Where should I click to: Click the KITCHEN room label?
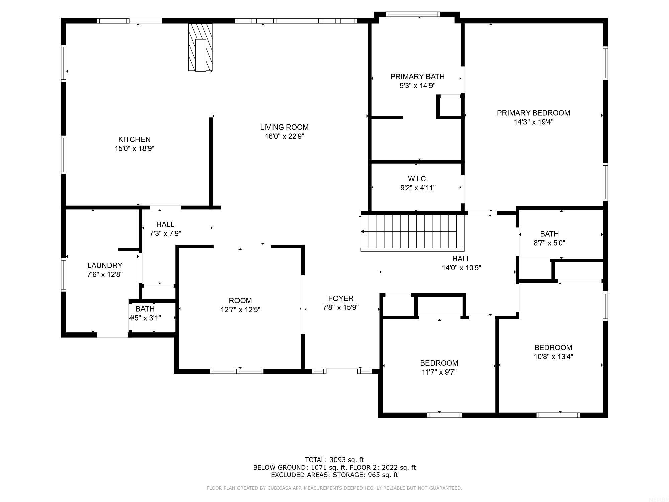click(134, 139)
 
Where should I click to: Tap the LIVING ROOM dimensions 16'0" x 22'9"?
click(284, 136)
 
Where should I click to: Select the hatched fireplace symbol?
click(200, 47)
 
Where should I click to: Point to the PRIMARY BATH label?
click(417, 77)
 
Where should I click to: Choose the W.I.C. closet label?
click(417, 179)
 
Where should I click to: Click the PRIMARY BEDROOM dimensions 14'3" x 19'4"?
click(533, 122)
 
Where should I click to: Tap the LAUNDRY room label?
click(105, 265)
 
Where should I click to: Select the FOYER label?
click(341, 298)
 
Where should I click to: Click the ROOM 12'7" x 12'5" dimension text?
click(240, 310)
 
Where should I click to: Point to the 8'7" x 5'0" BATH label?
click(549, 234)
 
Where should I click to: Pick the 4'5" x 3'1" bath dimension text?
click(145, 318)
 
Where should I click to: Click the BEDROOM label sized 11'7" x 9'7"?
click(439, 363)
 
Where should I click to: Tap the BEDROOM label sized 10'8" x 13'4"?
click(553, 347)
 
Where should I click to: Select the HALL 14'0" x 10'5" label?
click(461, 259)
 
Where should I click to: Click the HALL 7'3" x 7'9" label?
click(165, 224)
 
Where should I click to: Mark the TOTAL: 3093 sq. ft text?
click(334, 460)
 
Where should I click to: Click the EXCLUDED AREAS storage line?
click(334, 475)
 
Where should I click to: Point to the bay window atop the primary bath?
click(412, 14)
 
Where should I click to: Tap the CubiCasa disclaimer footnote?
click(334, 488)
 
